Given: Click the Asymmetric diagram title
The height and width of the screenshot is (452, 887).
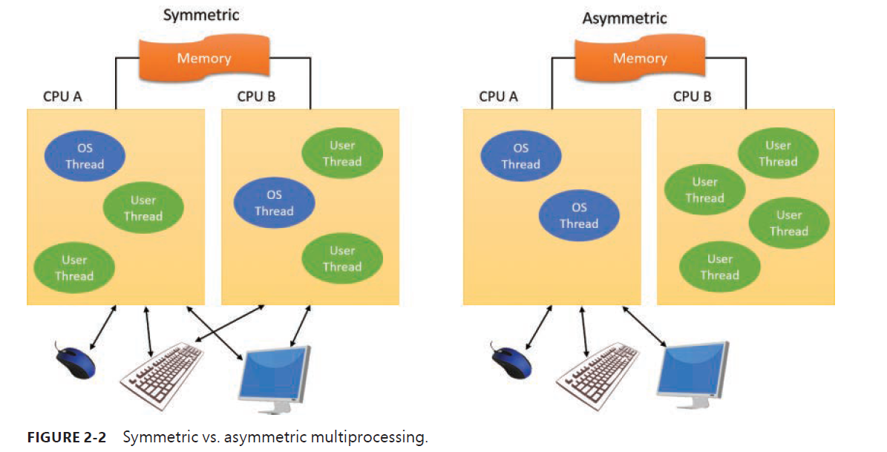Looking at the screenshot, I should point(624,18).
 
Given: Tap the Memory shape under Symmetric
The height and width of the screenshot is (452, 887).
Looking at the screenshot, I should point(203,58).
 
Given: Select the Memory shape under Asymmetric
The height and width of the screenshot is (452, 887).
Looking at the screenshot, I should point(639,58).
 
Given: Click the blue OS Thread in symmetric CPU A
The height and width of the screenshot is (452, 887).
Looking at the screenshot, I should point(85,156).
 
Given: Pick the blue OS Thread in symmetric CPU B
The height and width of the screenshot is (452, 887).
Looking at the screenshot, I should point(274,203).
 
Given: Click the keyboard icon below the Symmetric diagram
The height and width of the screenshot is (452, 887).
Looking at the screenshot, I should point(163,373).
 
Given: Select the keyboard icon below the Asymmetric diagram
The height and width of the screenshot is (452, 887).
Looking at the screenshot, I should point(598,373).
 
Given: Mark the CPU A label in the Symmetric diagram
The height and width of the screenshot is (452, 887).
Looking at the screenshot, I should point(62,96).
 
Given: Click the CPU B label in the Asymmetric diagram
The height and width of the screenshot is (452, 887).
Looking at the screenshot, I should point(692,96).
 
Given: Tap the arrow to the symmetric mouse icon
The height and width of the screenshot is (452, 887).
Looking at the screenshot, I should point(102,327).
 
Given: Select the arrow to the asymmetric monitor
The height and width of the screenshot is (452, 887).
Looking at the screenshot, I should point(644,327).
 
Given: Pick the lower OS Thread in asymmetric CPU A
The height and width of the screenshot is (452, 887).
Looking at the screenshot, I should point(579,216).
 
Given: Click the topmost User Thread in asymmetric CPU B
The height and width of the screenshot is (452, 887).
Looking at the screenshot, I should point(778,154).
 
